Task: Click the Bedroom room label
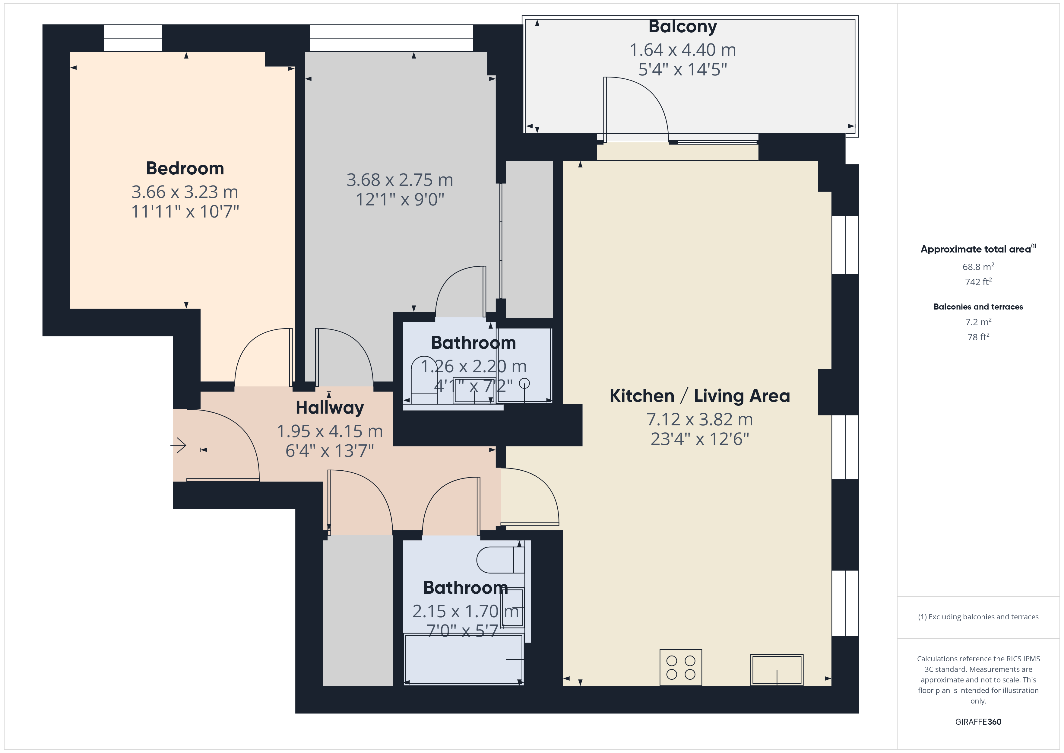(x=185, y=168)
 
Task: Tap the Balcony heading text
(x=682, y=27)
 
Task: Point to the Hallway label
(x=330, y=408)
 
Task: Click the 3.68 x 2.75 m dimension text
(x=400, y=180)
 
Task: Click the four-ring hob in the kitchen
(x=680, y=667)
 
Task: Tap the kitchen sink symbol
(x=777, y=669)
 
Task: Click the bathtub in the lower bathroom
(x=464, y=658)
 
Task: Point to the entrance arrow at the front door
(x=179, y=446)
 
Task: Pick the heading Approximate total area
(x=976, y=249)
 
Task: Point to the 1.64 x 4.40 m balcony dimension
(x=682, y=50)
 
